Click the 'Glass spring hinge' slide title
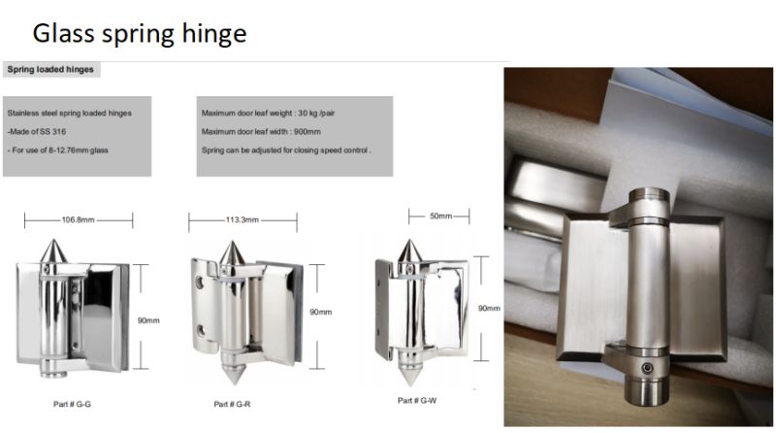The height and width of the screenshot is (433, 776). [140, 34]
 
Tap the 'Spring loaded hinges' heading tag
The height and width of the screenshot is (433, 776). [50, 69]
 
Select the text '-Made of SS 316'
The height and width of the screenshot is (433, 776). [37, 132]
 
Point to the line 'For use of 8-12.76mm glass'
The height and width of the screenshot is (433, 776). [60, 150]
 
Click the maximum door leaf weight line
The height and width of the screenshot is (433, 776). [269, 113]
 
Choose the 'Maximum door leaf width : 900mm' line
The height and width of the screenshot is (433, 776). [261, 132]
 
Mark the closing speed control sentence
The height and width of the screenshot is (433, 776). [286, 150]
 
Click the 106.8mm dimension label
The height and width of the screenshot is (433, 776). [78, 219]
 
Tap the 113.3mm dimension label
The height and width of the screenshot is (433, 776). [242, 219]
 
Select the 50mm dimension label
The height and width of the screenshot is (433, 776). [440, 216]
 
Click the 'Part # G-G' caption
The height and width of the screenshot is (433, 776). [72, 404]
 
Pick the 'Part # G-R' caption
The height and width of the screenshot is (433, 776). [232, 404]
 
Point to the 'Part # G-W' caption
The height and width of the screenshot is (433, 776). [417, 400]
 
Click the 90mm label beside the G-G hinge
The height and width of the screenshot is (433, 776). [148, 320]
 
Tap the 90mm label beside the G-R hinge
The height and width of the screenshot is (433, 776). [321, 312]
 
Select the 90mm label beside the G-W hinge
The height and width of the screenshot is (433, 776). [489, 308]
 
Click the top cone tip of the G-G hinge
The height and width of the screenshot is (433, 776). [53, 240]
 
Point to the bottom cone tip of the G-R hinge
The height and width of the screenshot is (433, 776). [233, 383]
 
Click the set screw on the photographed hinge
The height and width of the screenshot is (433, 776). [647, 368]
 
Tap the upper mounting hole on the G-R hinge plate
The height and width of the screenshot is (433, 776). [200, 283]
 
